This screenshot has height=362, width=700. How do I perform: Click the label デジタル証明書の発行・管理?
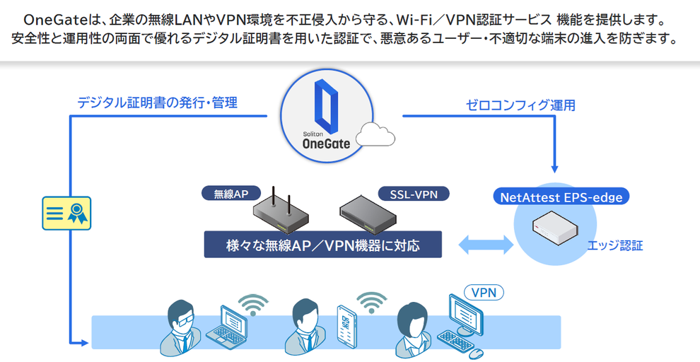pos(157,103)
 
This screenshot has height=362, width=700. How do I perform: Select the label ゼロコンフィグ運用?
pos(520,105)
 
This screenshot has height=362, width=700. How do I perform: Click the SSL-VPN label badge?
pos(414,194)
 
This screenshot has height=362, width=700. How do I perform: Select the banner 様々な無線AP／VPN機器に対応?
pos(322,245)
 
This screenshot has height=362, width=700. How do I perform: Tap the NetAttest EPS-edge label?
pos(561,197)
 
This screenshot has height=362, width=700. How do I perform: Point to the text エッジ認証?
pos(614,246)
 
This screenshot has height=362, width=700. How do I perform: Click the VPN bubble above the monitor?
pos(484,291)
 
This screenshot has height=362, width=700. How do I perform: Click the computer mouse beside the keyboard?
pos(477,351)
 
